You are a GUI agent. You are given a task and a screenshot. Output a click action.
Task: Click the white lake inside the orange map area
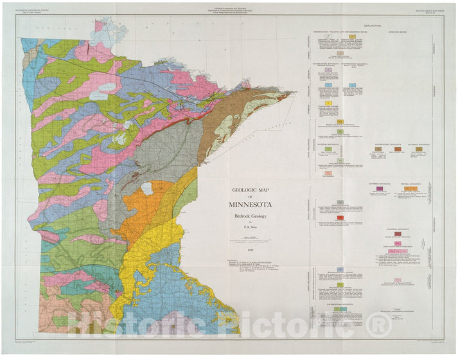coord(147,188)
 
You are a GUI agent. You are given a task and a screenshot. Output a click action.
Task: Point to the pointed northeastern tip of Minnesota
coord(292,91)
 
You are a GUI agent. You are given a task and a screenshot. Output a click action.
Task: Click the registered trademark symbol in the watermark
coord(380,325)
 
